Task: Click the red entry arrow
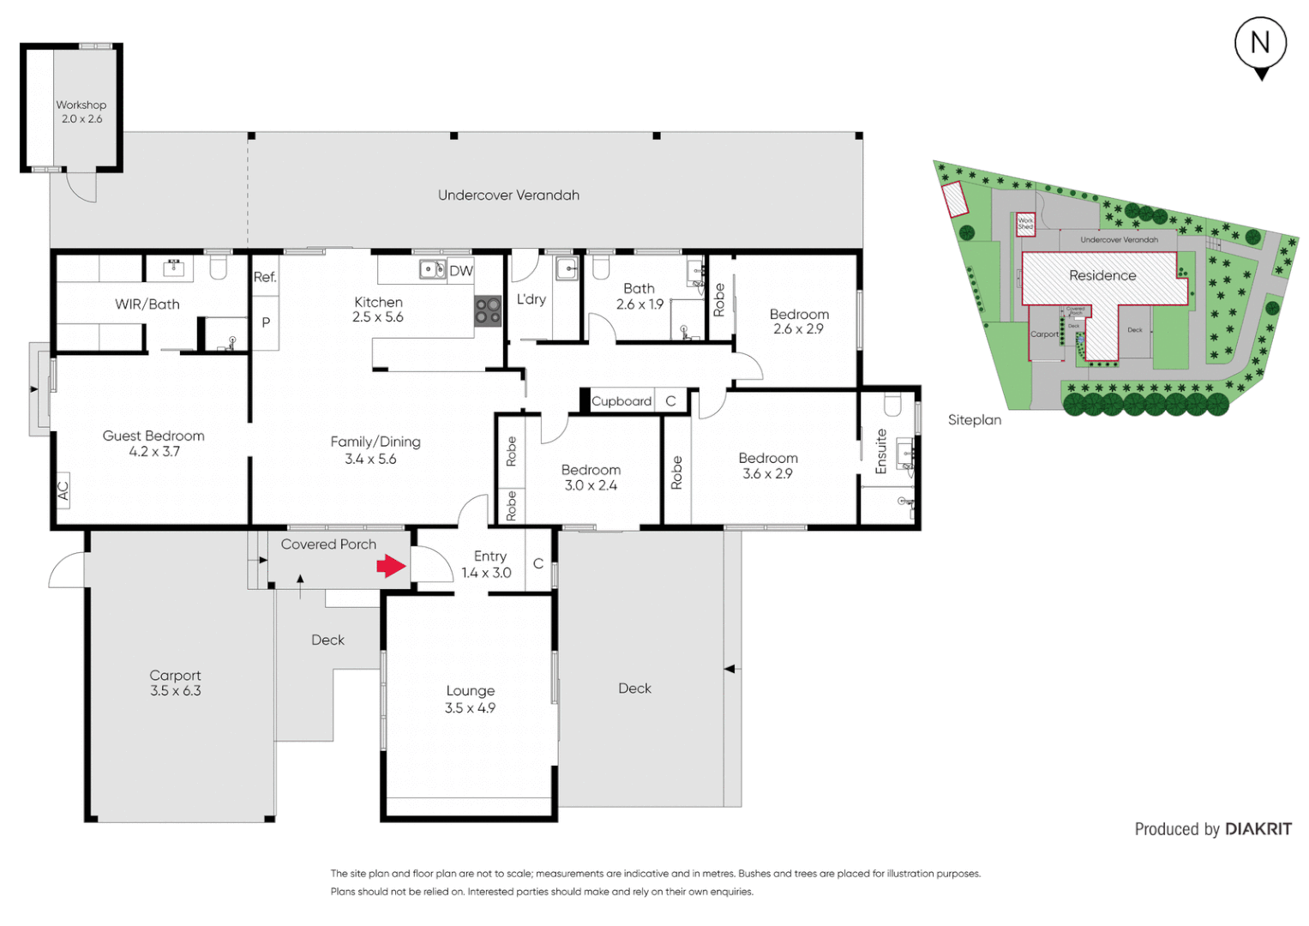[x=391, y=566]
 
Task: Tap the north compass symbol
[x=1260, y=45]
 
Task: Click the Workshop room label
[x=81, y=111]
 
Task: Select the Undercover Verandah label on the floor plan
[x=508, y=195]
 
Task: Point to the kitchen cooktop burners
[x=488, y=311]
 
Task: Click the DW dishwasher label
[x=461, y=271]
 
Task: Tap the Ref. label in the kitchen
[x=265, y=277]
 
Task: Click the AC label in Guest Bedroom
[x=63, y=490]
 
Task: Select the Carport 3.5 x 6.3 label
[x=176, y=683]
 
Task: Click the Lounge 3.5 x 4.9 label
[x=470, y=699]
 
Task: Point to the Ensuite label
[x=881, y=451]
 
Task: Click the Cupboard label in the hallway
[x=621, y=401]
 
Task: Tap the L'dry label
[x=531, y=299]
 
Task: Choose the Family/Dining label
[x=375, y=450]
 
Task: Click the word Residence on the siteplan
[x=1102, y=275]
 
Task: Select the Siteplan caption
[x=975, y=420]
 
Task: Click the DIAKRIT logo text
[x=1258, y=829]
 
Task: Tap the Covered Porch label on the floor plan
[x=328, y=544]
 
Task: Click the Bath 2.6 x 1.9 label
[x=639, y=297]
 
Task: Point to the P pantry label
[x=266, y=322]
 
